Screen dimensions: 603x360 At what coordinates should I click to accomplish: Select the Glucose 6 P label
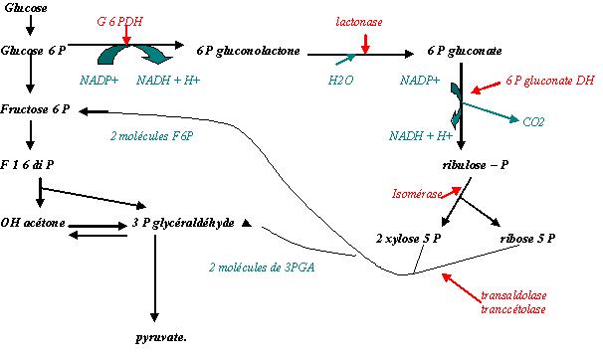(35, 49)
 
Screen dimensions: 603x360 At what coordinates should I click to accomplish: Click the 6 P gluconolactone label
(248, 49)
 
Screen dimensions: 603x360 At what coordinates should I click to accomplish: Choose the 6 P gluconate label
(464, 49)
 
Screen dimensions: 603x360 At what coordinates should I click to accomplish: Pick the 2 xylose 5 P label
(407, 240)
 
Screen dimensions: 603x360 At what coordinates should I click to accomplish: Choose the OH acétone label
(34, 223)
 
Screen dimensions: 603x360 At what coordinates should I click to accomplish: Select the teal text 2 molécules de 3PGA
(261, 268)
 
